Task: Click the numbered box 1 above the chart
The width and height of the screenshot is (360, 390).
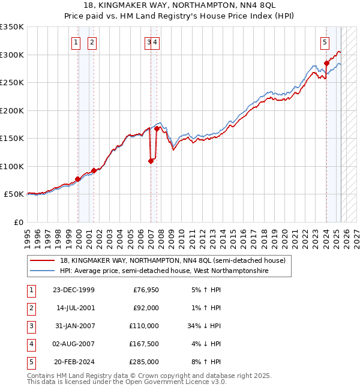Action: pyautogui.click(x=77, y=42)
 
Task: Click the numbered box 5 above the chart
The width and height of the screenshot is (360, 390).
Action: pyautogui.click(x=325, y=42)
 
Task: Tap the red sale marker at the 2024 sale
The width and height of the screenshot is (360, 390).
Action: pyautogui.click(x=326, y=63)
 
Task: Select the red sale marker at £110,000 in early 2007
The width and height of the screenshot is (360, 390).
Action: pyautogui.click(x=151, y=161)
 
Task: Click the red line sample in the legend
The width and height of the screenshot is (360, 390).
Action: pyautogui.click(x=42, y=261)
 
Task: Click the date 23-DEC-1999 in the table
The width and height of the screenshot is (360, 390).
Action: pyautogui.click(x=74, y=290)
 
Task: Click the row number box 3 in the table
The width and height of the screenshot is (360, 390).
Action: pyautogui.click(x=29, y=326)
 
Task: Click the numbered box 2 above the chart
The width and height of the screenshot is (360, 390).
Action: pyautogui.click(x=92, y=42)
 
